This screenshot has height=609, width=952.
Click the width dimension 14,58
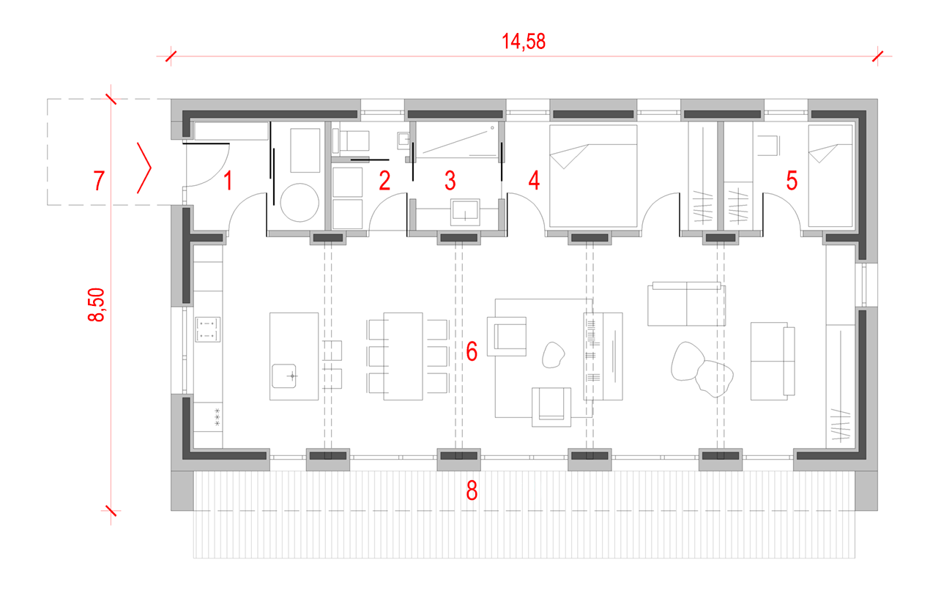pyautogui.click(x=524, y=42)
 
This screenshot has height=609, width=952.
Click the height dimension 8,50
pyautogui.click(x=97, y=305)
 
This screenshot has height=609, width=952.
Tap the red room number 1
pyautogui.click(x=228, y=181)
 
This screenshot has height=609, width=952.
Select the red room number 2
pyautogui.click(x=384, y=181)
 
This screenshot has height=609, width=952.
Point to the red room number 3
pyautogui.click(x=450, y=181)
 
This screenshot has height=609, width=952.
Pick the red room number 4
pyautogui.click(x=534, y=181)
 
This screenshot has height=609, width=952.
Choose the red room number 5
pyautogui.click(x=792, y=181)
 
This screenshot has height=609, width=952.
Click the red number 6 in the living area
pyautogui.click(x=472, y=351)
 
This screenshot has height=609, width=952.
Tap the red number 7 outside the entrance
pyautogui.click(x=99, y=181)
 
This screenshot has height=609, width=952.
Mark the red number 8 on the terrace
pyautogui.click(x=472, y=490)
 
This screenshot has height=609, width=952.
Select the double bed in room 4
pyautogui.click(x=593, y=176)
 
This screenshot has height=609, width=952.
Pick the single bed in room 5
pyautogui.click(x=830, y=176)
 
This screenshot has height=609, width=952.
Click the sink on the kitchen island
pyautogui.click(x=284, y=376)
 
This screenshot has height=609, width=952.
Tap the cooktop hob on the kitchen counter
pyautogui.click(x=207, y=329)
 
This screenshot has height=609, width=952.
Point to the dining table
pyautogui.click(x=403, y=356)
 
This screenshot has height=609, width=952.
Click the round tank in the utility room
pyautogui.click(x=300, y=203)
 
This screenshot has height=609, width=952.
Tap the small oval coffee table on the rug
pyautogui.click(x=553, y=355)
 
